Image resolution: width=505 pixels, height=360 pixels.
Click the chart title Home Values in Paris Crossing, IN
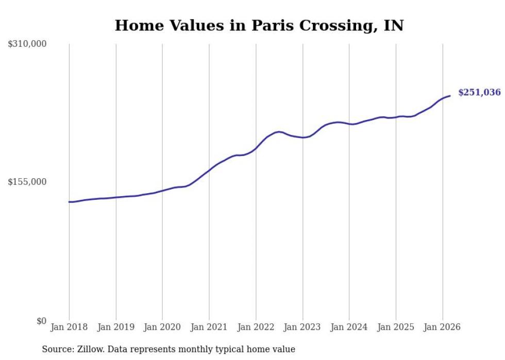(259, 25)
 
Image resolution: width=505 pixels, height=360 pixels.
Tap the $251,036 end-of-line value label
(479, 93)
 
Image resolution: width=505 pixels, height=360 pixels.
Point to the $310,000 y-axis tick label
(27, 44)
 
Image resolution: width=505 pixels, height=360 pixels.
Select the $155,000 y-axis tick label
(27, 182)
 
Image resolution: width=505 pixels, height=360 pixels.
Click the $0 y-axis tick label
(41, 321)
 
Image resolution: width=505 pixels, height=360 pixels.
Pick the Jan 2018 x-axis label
(69, 327)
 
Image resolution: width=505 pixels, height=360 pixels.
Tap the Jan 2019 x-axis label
(116, 327)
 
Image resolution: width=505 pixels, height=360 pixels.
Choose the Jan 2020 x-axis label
(162, 327)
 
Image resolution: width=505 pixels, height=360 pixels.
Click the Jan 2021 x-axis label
(209, 327)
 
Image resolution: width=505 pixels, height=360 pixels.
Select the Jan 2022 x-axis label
(256, 327)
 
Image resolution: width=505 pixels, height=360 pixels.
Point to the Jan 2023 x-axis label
(302, 327)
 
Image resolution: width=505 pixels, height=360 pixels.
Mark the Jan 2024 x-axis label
(349, 327)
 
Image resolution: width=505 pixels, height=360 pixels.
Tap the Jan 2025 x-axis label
(396, 327)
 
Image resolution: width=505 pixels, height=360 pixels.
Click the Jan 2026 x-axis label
(442, 327)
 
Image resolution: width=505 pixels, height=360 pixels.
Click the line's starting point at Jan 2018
(69, 202)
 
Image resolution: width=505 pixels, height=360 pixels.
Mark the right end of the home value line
(450, 96)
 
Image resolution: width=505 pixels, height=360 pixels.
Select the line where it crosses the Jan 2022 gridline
(256, 148)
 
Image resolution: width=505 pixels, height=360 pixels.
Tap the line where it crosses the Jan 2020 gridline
(162, 191)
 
